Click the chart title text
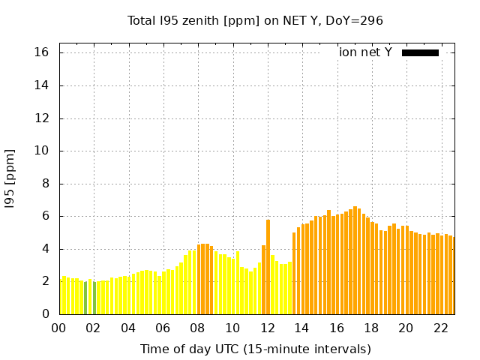coord(255,20)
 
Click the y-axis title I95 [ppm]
coord(10,179)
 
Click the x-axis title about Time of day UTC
coord(255,349)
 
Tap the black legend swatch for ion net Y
coord(420,52)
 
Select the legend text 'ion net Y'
coord(365,52)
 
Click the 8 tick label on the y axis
coord(45,183)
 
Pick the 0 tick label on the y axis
coord(45,314)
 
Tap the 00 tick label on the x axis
coord(59,328)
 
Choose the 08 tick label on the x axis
coord(198,328)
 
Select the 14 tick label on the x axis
coord(301,328)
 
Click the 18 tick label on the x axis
coord(370,328)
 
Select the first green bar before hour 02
coord(85,298)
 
